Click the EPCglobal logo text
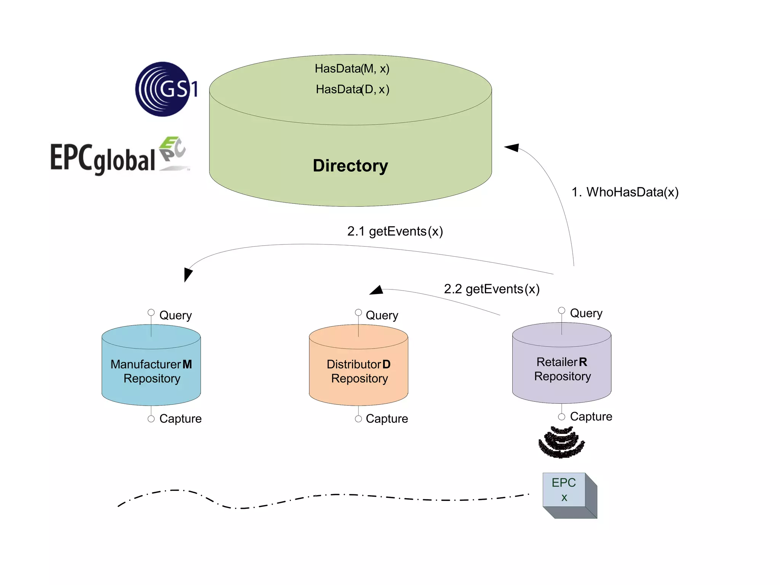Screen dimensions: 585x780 point(103,158)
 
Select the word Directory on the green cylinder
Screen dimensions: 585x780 point(350,166)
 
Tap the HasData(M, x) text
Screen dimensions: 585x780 point(352,69)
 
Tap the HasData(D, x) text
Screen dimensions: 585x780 point(352,90)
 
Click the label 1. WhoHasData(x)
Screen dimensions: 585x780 point(625,192)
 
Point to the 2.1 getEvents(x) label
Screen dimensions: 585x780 point(395,231)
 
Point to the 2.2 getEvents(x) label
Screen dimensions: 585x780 point(492,289)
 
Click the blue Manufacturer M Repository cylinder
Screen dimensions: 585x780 point(151,371)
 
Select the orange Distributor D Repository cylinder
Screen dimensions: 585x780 point(358,371)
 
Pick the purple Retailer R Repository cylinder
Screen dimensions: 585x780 point(562,369)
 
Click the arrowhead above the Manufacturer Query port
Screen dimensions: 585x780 point(188,273)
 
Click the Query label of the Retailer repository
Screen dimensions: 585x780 point(586,313)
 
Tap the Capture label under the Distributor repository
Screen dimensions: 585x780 point(387,419)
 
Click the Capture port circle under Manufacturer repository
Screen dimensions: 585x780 point(151,419)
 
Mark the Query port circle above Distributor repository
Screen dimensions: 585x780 point(358,312)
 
